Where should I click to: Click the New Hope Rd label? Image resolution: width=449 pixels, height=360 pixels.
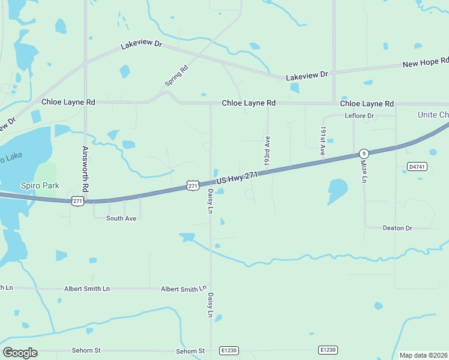426,62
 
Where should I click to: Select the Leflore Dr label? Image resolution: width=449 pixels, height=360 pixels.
360,116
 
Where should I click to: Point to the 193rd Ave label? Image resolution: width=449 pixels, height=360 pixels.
267,152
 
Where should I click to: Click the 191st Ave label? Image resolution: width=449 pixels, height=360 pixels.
322,142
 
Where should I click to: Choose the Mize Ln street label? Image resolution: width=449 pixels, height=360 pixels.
364,171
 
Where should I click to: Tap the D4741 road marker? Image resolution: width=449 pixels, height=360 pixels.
417,166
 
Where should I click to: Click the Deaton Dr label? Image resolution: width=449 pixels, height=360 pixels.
397,228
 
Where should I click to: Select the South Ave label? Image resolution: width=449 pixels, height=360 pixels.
121,218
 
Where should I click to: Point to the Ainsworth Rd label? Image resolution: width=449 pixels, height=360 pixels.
85,169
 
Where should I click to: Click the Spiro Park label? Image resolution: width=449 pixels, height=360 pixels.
40,185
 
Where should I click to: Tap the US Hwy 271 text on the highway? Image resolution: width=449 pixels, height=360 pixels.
237,178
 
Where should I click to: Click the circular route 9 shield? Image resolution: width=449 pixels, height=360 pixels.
364,154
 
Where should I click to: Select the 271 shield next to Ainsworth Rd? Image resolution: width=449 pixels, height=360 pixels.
77,201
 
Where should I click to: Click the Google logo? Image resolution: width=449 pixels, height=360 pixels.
20,353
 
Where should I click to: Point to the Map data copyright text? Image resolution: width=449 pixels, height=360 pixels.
423,355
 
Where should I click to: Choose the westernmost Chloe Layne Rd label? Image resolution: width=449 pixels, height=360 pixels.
68,103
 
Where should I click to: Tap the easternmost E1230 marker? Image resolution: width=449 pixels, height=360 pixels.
328,350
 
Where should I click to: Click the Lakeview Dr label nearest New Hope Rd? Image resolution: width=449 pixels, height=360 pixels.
307,75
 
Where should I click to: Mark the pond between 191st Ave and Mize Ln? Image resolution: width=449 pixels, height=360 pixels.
337,191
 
